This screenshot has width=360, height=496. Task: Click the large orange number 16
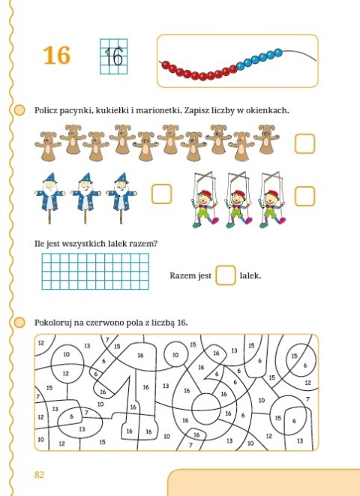click(56, 55)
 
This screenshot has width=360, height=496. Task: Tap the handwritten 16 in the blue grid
click(112, 56)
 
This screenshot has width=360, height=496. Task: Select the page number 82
click(40, 474)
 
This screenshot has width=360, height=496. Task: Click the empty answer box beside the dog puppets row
click(304, 143)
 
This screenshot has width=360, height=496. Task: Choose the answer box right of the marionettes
click(304, 195)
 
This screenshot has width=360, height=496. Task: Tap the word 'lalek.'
click(250, 276)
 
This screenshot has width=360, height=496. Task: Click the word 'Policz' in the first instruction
click(48, 110)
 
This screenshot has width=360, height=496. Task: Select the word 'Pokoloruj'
click(55, 323)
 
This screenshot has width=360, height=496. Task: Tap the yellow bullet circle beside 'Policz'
click(21, 110)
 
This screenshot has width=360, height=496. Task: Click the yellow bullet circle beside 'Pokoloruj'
click(21, 323)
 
